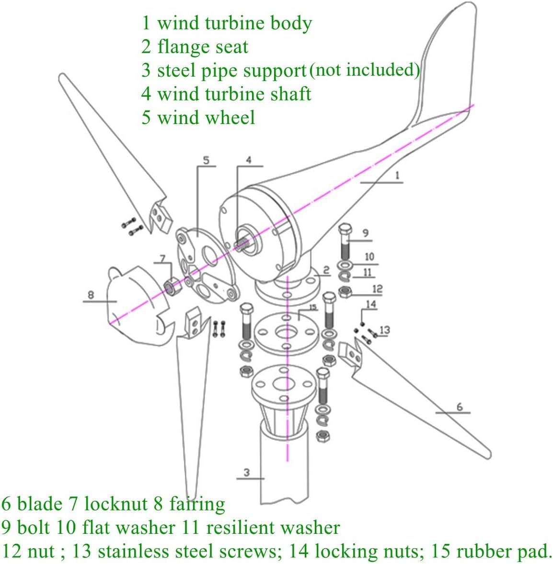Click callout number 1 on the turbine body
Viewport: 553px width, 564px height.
397,175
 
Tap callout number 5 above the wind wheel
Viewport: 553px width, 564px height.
206,160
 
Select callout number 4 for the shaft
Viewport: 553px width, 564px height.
248,160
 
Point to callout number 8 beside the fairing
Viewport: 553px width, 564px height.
91,294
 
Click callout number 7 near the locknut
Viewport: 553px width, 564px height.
163,259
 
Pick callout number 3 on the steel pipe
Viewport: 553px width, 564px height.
246,473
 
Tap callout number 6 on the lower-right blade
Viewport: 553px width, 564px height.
459,406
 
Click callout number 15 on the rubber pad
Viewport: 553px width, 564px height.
312,307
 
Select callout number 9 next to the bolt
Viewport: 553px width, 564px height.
365,233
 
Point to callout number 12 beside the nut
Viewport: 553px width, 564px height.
377,289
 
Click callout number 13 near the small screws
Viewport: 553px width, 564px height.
384,329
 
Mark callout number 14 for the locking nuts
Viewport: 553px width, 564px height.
371,304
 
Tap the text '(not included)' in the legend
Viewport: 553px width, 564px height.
364,70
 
